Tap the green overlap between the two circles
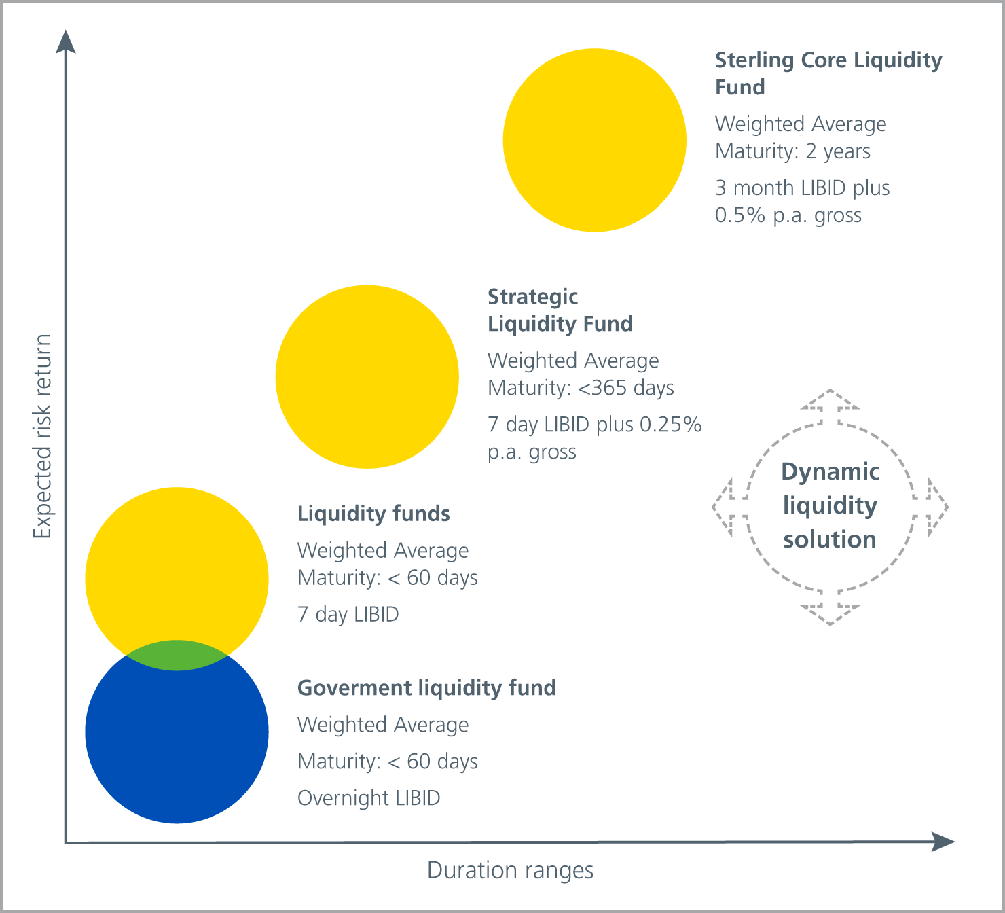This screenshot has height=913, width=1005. click(177, 655)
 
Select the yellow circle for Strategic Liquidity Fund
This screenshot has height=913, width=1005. click(367, 377)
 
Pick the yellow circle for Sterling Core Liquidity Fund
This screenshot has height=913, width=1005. click(595, 141)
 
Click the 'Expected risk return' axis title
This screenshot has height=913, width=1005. click(43, 436)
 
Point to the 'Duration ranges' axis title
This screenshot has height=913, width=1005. click(510, 870)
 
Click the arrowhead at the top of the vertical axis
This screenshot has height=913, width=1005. click(66, 41)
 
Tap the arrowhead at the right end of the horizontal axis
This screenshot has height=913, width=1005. click(943, 842)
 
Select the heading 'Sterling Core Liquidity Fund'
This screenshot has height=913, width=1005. click(828, 73)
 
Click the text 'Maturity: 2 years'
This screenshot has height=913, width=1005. click(792, 151)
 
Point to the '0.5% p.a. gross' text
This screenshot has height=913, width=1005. click(788, 215)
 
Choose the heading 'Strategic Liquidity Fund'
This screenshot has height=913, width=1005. click(560, 310)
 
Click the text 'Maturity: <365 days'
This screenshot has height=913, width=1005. click(581, 388)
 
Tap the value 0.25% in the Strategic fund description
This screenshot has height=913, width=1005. click(671, 425)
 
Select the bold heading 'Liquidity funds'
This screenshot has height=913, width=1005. click(373, 514)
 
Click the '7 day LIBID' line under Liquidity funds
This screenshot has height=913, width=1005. click(348, 615)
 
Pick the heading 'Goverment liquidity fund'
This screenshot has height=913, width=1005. click(427, 688)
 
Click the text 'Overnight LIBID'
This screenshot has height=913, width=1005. click(369, 798)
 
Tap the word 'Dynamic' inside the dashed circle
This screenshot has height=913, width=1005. click(830, 472)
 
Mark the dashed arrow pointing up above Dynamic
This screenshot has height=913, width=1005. click(830, 406)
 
